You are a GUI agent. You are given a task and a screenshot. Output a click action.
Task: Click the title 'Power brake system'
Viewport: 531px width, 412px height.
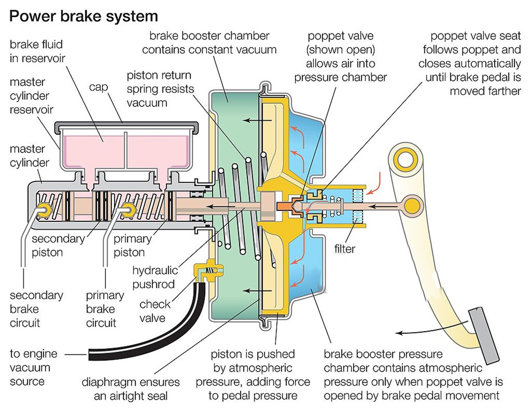point(84,16)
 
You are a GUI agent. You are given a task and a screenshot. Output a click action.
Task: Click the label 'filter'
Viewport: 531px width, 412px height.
point(345,249)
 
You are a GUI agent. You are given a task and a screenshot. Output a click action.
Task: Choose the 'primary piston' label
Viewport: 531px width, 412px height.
point(131,246)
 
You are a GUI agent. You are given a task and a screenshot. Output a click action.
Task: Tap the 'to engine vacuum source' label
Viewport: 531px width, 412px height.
point(33,367)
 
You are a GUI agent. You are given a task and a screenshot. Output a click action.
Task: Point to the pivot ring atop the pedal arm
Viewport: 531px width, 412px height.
point(406,160)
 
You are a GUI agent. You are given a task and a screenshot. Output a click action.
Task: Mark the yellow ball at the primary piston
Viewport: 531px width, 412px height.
point(129,210)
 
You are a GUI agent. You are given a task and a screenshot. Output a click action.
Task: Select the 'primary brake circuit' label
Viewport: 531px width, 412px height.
point(105,309)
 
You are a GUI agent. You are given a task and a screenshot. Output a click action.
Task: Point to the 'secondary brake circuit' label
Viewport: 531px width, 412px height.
point(36,309)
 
